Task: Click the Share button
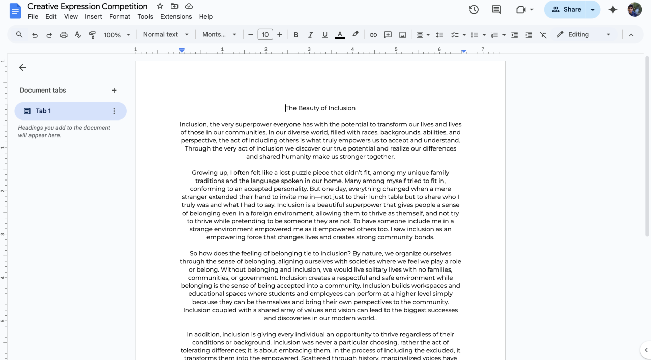[566, 9]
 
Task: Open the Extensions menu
[176, 16]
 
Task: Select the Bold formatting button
[295, 35]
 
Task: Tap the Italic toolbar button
[310, 35]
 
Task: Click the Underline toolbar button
[325, 35]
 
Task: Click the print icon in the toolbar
[64, 35]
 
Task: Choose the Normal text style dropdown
[166, 34]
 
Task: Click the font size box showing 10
[265, 35]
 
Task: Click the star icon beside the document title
[160, 6]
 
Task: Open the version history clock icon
[474, 9]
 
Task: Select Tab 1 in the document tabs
[43, 111]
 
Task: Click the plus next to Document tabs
[114, 90]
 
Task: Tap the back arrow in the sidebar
[22, 67]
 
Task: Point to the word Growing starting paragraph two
[204, 172]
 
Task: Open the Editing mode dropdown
[584, 34]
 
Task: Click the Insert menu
[94, 16]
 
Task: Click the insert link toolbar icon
[373, 35]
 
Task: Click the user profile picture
[634, 9]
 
